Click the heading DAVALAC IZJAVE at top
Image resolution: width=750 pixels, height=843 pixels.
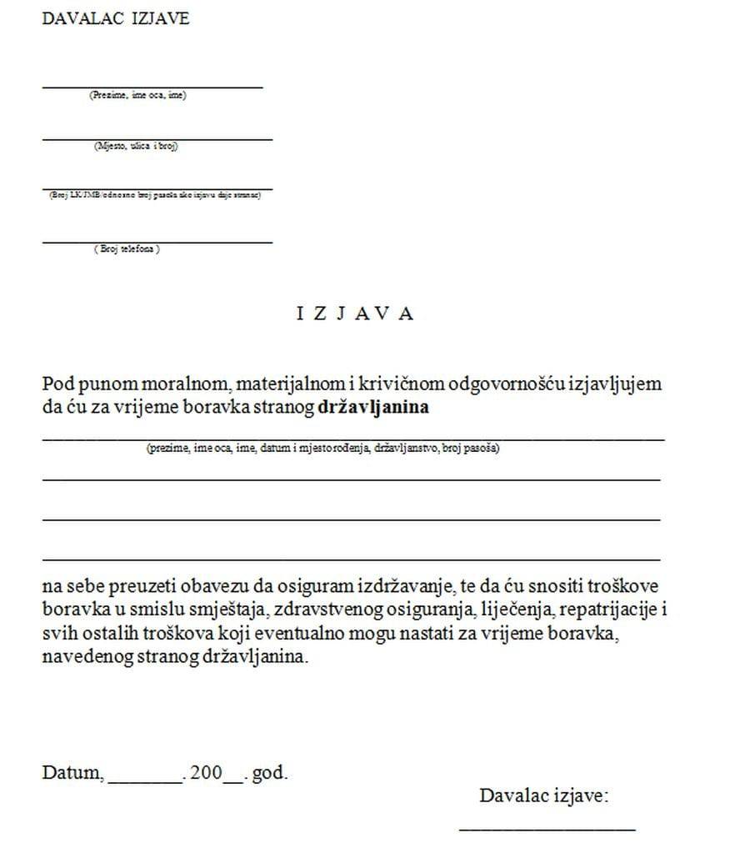pyautogui.click(x=116, y=18)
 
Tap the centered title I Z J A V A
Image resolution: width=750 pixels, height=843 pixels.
pyautogui.click(x=355, y=314)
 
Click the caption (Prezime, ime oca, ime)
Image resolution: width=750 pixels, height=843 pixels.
pyautogui.click(x=138, y=96)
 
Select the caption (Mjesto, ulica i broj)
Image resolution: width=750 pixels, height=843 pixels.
pyautogui.click(x=137, y=146)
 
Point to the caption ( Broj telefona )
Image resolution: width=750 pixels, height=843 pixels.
pyautogui.click(x=127, y=249)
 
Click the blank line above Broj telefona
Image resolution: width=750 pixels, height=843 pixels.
pyautogui.click(x=157, y=241)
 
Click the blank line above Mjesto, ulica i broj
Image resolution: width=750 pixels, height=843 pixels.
pyautogui.click(x=157, y=138)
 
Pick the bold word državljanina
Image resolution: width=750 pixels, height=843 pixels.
pyautogui.click(x=374, y=409)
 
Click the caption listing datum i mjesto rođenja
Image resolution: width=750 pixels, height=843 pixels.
pyautogui.click(x=322, y=449)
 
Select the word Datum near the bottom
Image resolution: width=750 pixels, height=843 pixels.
pyautogui.click(x=72, y=772)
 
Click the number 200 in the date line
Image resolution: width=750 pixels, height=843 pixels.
pyautogui.click(x=206, y=772)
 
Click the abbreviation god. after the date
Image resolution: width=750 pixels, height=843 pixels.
pyautogui.click(x=269, y=772)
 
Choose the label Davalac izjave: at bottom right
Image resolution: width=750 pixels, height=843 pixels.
pyautogui.click(x=543, y=795)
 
